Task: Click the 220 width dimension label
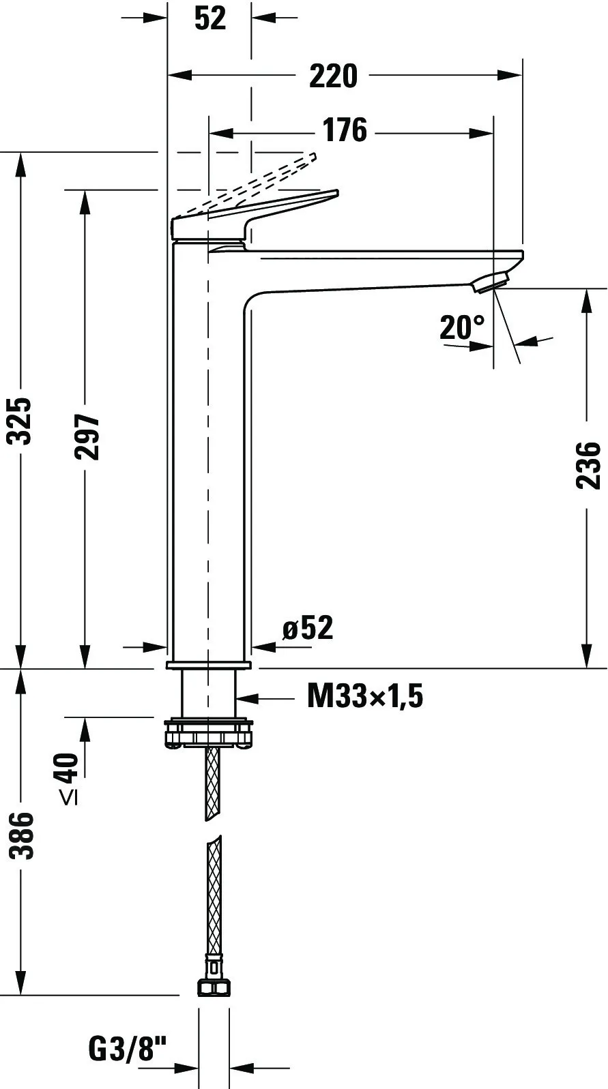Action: click(x=333, y=76)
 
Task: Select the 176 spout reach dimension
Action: click(x=345, y=130)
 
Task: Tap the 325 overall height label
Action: click(x=19, y=421)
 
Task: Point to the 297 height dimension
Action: click(x=87, y=436)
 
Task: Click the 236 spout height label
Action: click(x=588, y=465)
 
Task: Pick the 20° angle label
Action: click(x=462, y=327)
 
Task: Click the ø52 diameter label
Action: click(x=308, y=627)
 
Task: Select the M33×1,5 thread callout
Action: click(x=365, y=696)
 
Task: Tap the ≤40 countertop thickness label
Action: click(x=69, y=779)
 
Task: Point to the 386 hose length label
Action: click(x=21, y=836)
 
